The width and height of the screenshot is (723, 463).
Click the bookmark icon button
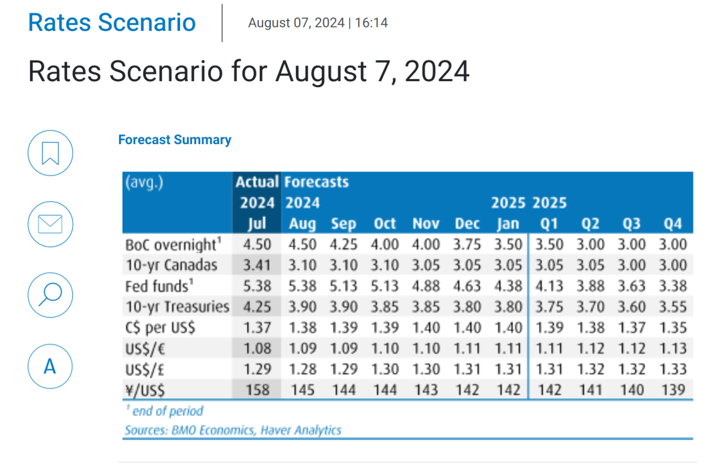click(50, 153)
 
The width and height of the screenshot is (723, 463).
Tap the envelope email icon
click(50, 224)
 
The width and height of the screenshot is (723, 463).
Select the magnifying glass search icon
click(50, 295)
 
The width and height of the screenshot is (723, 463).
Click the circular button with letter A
click(50, 366)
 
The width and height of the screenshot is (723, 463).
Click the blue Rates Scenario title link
click(112, 22)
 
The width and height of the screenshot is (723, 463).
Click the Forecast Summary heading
click(175, 139)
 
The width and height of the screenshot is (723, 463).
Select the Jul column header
click(257, 223)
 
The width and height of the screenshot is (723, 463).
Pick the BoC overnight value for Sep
click(343, 244)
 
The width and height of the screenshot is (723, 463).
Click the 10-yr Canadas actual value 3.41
click(257, 265)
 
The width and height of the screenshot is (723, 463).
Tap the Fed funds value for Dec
click(467, 285)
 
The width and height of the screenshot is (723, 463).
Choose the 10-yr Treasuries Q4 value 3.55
click(673, 306)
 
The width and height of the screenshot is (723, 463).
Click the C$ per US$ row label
click(161, 328)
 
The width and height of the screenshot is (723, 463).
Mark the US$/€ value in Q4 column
click(673, 348)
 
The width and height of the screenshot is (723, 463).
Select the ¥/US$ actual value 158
click(257, 389)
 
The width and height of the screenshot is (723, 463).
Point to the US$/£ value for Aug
click(303, 369)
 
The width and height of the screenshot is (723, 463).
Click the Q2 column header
click(590, 223)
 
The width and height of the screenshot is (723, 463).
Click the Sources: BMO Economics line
click(233, 430)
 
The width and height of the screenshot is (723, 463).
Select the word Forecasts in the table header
click(316, 182)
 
